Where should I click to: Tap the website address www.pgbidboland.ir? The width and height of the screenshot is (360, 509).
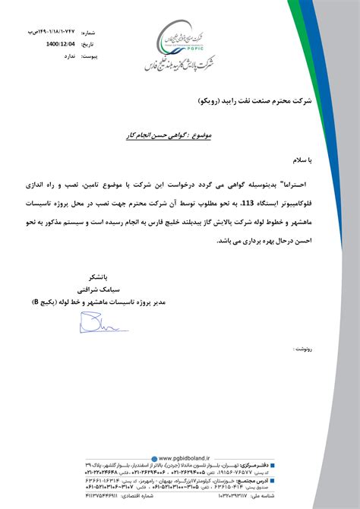tap(182, 458)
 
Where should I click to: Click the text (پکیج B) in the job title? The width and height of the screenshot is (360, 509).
tap(49, 291)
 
